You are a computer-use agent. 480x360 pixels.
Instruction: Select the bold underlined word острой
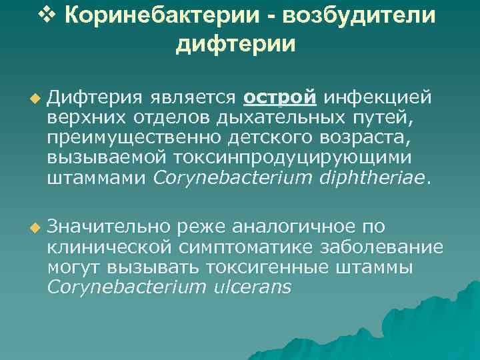[x=279, y=98]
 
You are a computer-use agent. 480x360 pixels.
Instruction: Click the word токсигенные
[x=299, y=267]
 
